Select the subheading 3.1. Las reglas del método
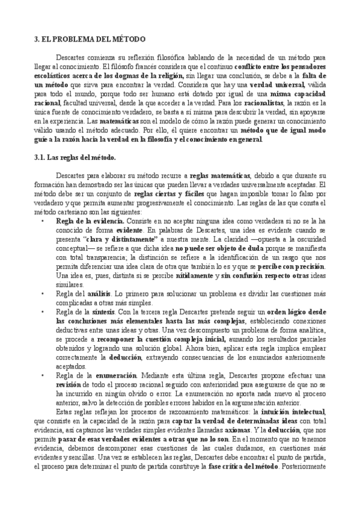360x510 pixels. [x=75, y=158]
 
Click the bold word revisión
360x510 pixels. [x=68, y=384]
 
